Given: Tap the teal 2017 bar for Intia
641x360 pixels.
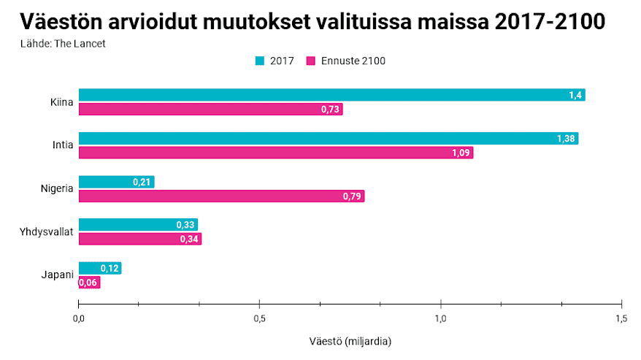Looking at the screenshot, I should tap(328, 139).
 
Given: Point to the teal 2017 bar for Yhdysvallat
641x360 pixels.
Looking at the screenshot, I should tap(138, 225).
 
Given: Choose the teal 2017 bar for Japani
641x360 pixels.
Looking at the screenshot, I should tap(99, 268).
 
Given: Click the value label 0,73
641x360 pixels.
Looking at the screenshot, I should tap(331, 110).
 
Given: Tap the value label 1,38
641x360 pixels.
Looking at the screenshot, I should tap(566, 139).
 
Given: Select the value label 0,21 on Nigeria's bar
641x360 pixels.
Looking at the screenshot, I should tap(142, 182).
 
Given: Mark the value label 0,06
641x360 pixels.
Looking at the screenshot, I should tap(88, 283).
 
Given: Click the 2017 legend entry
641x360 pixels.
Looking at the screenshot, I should tap(275, 61).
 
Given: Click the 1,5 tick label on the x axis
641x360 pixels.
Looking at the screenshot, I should tap(621, 318).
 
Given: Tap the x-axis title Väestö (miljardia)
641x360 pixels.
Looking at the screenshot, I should tap(350, 341).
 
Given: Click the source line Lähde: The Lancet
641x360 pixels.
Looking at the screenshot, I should tap(63, 44).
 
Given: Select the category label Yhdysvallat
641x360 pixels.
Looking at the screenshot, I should tap(47, 232).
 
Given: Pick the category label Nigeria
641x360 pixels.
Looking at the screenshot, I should tap(57, 189).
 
